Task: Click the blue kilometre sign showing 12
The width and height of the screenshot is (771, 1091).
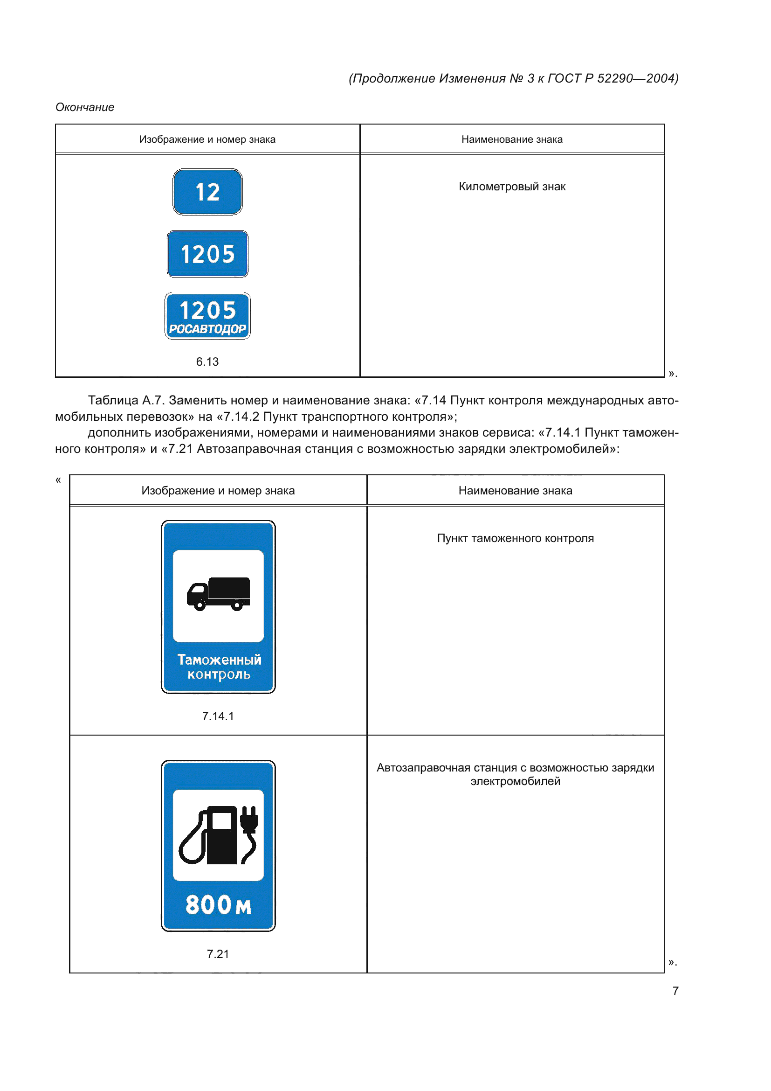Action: pyautogui.click(x=207, y=192)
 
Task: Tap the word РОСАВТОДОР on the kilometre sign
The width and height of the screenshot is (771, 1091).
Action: pyautogui.click(x=207, y=329)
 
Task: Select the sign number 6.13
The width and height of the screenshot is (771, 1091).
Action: pyautogui.click(x=207, y=362)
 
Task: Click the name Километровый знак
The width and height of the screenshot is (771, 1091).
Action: pyautogui.click(x=512, y=187)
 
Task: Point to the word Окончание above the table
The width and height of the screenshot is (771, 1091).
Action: pyautogui.click(x=85, y=107)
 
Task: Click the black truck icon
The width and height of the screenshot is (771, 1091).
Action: pyautogui.click(x=218, y=593)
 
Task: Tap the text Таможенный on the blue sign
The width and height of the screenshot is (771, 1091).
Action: pyautogui.click(x=219, y=660)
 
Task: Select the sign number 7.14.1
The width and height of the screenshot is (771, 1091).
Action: pyautogui.click(x=218, y=716)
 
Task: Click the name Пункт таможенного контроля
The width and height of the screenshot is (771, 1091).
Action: pyautogui.click(x=515, y=538)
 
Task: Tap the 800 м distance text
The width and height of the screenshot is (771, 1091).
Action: pyautogui.click(x=218, y=905)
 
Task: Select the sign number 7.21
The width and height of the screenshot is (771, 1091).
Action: pyautogui.click(x=218, y=954)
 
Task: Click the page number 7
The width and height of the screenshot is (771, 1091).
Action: pyautogui.click(x=675, y=991)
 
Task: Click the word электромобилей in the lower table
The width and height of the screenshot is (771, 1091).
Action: pyautogui.click(x=515, y=782)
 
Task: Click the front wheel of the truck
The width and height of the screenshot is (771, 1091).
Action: pyautogui.click(x=200, y=605)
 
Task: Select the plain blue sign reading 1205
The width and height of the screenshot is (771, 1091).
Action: pyautogui.click(x=207, y=254)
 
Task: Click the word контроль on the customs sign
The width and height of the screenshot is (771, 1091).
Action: pyautogui.click(x=219, y=674)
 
